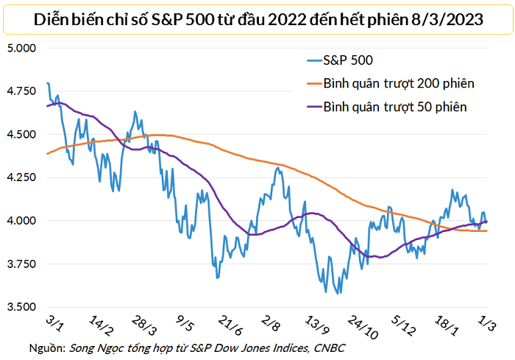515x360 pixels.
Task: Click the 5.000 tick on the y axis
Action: [x=23, y=49]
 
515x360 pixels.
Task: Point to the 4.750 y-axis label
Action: [x=23, y=91]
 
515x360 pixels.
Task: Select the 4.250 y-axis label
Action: [x=23, y=177]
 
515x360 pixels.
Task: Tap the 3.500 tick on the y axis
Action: [x=23, y=307]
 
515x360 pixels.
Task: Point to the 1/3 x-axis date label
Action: [x=488, y=325]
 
